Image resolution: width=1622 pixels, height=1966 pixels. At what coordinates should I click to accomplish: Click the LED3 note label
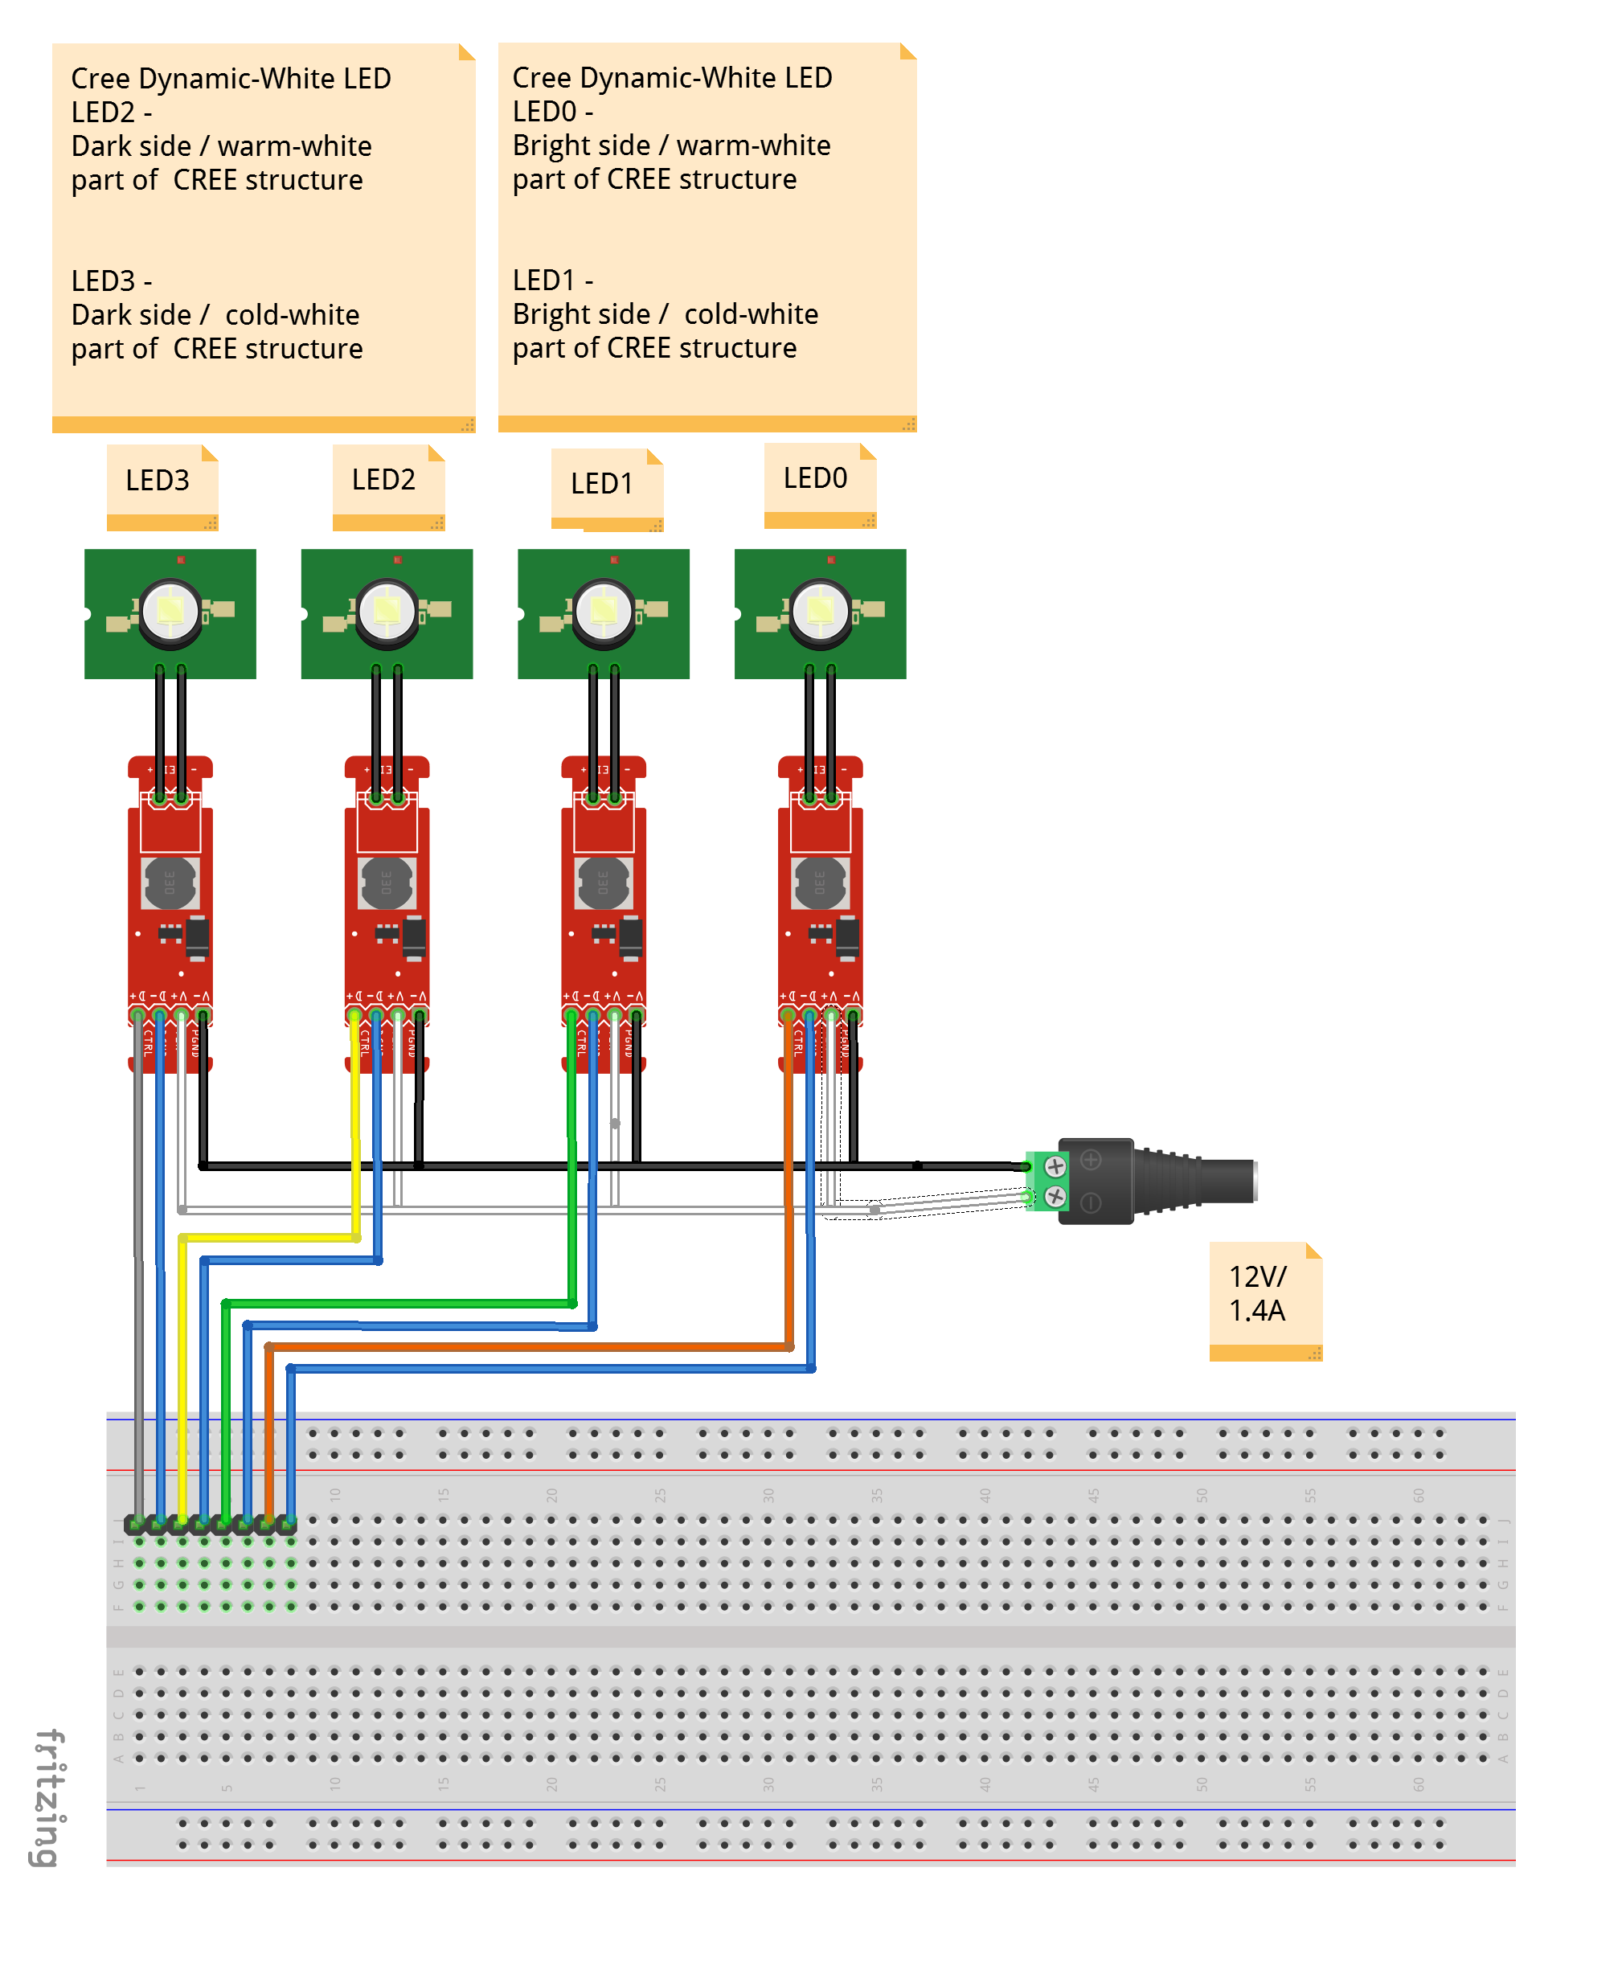coord(158,481)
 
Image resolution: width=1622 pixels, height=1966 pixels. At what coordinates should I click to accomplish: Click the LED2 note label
coord(384,481)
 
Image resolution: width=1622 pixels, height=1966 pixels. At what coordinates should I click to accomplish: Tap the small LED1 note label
coord(603,484)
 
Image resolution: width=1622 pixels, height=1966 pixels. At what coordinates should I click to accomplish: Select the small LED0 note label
coord(816,478)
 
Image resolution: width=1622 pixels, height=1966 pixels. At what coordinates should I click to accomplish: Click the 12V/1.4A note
coord(1259,1294)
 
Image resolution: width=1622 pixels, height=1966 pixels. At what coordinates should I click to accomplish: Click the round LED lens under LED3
coord(170,611)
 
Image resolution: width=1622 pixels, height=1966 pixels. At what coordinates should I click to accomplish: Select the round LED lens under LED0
coord(821,611)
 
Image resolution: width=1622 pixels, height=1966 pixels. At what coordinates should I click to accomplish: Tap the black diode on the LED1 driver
coord(632,937)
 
